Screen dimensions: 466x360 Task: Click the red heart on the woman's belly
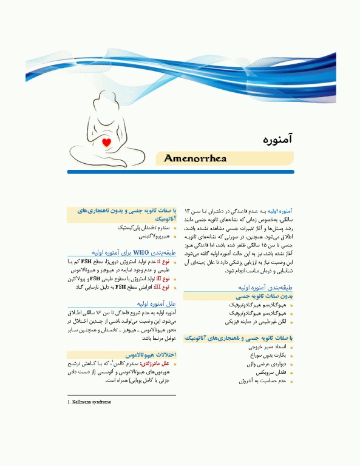pyautogui.click(x=106, y=143)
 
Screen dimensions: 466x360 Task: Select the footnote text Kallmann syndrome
pyautogui.click(x=91, y=402)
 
